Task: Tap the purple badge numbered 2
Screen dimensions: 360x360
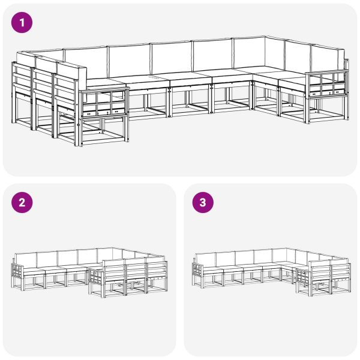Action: pos(22,202)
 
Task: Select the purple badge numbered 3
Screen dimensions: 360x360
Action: pos(202,202)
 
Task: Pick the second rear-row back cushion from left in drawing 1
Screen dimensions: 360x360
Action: pos(129,59)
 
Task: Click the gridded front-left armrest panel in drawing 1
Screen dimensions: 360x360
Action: pos(103,103)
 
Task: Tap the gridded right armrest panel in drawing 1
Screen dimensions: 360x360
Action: pos(327,82)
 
